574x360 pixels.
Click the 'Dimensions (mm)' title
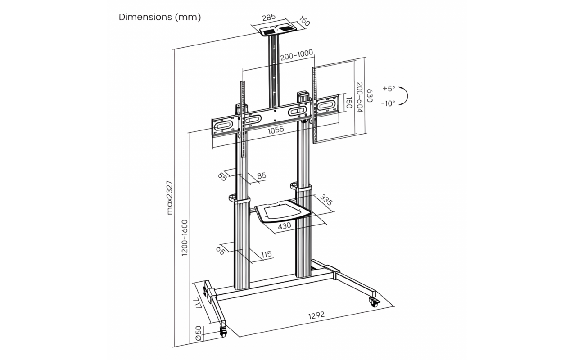click(160, 17)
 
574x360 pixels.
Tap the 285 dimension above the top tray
click(269, 17)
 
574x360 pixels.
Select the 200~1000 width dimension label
click(297, 55)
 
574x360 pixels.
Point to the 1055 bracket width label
click(276, 130)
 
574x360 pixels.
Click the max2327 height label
click(170, 198)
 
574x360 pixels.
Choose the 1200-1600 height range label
click(185, 238)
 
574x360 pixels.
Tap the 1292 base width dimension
click(316, 315)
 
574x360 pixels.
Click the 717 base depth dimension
click(198, 303)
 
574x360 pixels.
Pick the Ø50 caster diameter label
click(199, 333)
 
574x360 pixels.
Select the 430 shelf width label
click(285, 226)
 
